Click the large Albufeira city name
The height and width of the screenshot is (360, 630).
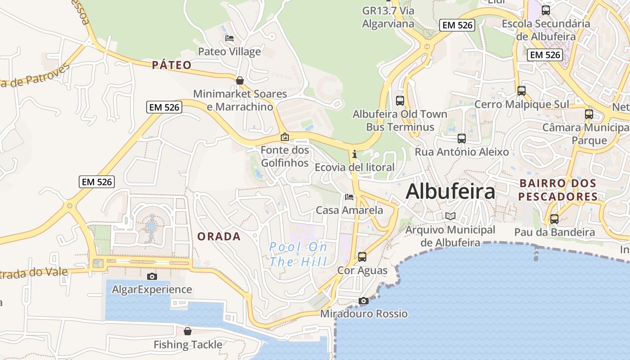[450, 192]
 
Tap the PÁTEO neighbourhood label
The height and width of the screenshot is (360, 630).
[171, 65]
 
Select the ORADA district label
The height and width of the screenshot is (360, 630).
[219, 236]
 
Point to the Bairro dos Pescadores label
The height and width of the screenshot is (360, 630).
[558, 190]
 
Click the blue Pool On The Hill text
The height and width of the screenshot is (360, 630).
[298, 254]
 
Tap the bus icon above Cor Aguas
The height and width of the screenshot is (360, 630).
[362, 257]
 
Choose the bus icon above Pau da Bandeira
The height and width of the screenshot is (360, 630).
[554, 219]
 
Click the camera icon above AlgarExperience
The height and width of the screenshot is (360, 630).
[152, 276]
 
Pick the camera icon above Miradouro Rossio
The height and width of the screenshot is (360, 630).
[364, 301]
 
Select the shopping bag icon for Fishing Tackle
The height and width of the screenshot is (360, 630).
[188, 332]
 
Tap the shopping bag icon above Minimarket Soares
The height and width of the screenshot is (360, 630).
[240, 81]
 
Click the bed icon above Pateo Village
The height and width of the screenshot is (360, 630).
[229, 38]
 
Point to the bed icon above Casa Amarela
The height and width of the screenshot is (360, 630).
[349, 197]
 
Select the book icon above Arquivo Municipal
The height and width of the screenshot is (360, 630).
[450, 216]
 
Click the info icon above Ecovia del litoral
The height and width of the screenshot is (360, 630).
[355, 154]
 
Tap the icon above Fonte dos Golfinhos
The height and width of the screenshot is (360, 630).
[284, 137]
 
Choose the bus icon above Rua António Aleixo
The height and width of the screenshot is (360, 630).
[462, 139]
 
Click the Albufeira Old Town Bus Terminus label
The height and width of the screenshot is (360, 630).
[400, 121]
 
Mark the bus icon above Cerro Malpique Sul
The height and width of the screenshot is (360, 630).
[522, 91]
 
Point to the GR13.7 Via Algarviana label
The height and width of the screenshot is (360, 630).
[388, 17]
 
